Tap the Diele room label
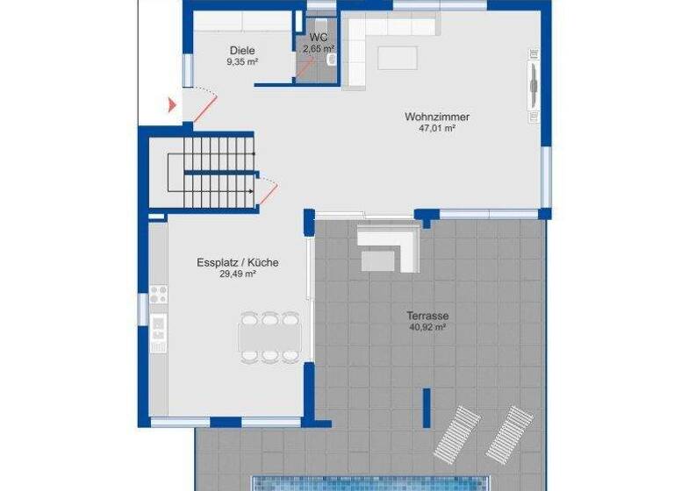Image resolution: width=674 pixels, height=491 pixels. point(242,50)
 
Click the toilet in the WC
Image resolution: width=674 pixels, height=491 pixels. point(332,60)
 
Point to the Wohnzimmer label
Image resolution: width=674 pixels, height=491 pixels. point(436,117)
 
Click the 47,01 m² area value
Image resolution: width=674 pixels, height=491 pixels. point(436,128)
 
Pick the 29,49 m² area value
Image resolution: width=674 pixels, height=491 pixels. point(237,274)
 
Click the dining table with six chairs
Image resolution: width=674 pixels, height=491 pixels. point(269,337)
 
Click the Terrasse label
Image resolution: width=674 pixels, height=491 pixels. point(427,316)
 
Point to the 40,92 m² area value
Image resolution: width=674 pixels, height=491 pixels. point(427,327)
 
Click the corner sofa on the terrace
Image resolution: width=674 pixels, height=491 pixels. point(389,245)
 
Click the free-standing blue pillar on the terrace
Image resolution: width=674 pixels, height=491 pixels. point(427,407)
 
